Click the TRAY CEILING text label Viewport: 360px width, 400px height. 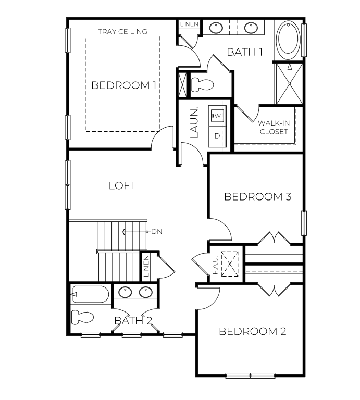coord(122,32)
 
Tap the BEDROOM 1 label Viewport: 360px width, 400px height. coord(123,85)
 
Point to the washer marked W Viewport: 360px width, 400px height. coord(217,114)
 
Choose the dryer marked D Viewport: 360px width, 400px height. coord(217,136)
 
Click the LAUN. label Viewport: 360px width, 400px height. coord(194,122)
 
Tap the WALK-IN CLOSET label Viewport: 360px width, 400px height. coord(273,128)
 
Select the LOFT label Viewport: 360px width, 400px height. coord(122,185)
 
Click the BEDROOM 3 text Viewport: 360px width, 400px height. coord(257,197)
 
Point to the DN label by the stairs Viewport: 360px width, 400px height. coord(157,232)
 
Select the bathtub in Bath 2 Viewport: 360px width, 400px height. coord(91,294)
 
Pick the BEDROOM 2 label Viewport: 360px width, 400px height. coord(252,332)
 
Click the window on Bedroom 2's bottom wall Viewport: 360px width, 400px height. coord(250,375)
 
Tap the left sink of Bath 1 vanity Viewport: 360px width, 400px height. coord(215,27)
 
